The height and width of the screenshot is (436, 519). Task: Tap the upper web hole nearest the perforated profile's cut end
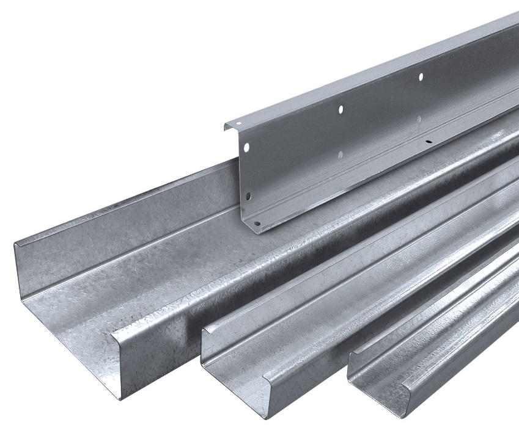[x=246, y=148]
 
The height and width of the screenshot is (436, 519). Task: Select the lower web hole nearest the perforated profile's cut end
[x=248, y=196]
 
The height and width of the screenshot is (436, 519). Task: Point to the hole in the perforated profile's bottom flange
[x=257, y=223]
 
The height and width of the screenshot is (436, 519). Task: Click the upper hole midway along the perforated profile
[x=341, y=109]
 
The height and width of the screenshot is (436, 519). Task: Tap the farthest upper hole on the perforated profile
[x=421, y=76]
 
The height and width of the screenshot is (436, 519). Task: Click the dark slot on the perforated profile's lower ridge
[x=428, y=142]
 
